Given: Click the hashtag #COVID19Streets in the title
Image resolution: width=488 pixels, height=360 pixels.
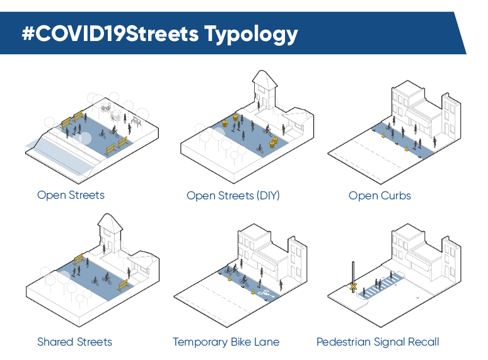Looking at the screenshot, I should [x=111, y=33].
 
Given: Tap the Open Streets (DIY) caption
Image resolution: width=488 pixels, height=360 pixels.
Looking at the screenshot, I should [x=233, y=195].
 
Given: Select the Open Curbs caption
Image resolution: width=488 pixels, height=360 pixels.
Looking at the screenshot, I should [x=380, y=195].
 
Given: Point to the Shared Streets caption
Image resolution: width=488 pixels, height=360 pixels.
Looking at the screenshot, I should [x=74, y=342].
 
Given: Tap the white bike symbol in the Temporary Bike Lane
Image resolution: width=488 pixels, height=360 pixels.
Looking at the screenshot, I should [x=265, y=293].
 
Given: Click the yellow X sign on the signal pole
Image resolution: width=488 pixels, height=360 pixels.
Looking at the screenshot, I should [x=354, y=287].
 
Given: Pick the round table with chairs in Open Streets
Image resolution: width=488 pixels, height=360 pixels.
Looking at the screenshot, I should [x=115, y=116].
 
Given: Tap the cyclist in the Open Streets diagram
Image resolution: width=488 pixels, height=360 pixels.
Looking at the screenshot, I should [x=115, y=132].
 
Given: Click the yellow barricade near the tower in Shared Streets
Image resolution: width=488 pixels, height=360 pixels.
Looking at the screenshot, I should [x=79, y=258].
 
